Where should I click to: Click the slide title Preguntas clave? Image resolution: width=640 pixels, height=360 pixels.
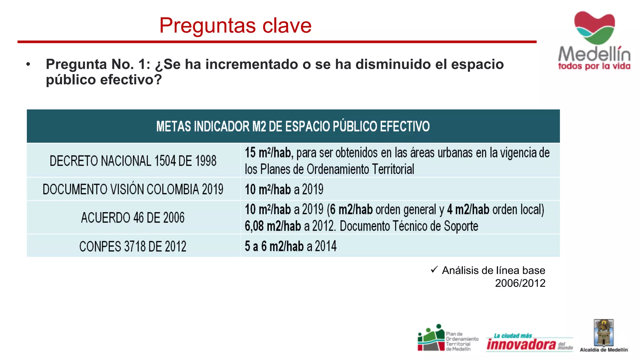click(x=235, y=25)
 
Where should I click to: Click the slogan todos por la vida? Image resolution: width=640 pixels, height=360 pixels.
click(x=594, y=66)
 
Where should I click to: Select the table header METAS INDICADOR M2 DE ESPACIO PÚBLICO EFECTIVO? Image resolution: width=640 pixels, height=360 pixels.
click(x=293, y=126)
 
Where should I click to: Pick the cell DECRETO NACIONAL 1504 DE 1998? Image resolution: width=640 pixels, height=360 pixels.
click(x=133, y=161)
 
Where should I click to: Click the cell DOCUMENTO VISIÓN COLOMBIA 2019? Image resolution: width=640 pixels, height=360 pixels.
click(x=133, y=189)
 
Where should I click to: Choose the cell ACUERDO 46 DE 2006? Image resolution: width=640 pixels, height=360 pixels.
click(x=133, y=217)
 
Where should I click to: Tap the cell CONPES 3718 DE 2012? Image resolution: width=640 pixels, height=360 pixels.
click(x=133, y=246)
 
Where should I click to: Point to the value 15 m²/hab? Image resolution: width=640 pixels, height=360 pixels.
click(x=268, y=153)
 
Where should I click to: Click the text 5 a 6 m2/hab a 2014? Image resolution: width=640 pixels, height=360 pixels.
click(x=291, y=246)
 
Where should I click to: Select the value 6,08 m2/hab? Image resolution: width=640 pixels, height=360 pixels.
click(x=272, y=226)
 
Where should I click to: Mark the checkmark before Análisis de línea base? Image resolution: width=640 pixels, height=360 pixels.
click(x=434, y=269)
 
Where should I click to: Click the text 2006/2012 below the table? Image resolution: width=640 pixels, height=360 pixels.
click(x=520, y=283)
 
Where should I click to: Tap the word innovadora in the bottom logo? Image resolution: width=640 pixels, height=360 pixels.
click(x=521, y=344)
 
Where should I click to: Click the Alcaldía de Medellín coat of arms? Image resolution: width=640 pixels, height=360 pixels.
click(x=604, y=333)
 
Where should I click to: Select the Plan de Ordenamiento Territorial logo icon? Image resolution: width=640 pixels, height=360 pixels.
click(x=431, y=338)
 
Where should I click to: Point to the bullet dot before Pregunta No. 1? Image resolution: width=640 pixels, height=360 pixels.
click(x=28, y=64)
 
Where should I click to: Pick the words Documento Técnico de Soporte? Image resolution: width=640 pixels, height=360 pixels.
click(x=409, y=226)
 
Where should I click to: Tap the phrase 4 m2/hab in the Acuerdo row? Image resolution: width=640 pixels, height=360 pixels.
click(x=468, y=209)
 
